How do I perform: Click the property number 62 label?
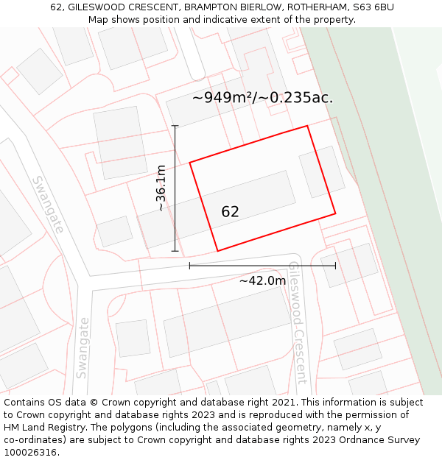click(x=230, y=212)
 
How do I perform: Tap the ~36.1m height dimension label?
click(x=161, y=188)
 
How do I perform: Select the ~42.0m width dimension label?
click(x=262, y=280)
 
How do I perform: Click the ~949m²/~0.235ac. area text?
click(x=262, y=97)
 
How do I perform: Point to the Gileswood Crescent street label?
click(x=297, y=322)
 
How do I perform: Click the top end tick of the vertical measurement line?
click(x=175, y=126)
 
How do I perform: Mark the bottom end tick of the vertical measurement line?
click(x=175, y=251)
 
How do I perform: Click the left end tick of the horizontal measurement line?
click(x=190, y=265)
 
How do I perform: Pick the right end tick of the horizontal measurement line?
click(x=335, y=265)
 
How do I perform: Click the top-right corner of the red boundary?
click(x=307, y=126)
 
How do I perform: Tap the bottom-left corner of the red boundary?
click(x=217, y=251)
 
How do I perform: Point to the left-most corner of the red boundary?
click(x=190, y=162)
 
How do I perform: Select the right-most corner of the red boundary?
click(x=335, y=214)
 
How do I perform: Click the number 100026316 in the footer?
click(x=30, y=453)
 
